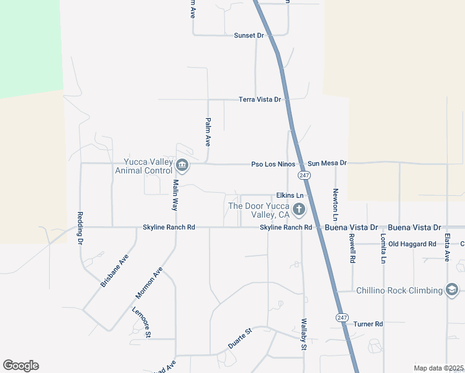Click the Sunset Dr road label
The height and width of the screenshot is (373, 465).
coord(249,35)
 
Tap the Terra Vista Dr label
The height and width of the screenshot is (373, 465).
coord(260,99)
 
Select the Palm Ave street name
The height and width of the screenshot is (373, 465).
coord(208,132)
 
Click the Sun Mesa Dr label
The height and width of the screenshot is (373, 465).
coord(327,163)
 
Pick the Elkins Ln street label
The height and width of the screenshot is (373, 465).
coord(289,195)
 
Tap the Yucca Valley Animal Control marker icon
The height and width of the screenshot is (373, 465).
coord(182,165)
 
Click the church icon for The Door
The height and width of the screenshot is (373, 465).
coord(299,209)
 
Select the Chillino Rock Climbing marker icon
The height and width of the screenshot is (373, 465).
coord(452,290)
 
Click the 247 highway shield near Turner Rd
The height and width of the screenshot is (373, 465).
coord(341,317)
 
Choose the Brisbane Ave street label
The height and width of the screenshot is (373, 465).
coord(114,270)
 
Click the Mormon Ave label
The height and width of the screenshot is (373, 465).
coord(149,283)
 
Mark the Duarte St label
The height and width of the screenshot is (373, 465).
coord(239,338)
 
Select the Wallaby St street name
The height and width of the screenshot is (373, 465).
coord(304,334)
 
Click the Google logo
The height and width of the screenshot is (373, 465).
coord(21,366)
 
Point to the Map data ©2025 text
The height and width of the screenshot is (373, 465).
coord(439,368)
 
